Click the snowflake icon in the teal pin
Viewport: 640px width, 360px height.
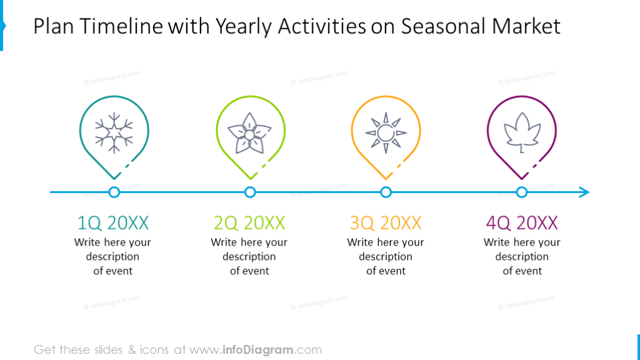point(114,133)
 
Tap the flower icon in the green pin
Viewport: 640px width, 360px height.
point(250,133)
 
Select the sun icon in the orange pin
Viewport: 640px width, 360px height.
point(386,133)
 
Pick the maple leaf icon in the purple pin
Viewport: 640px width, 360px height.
point(521,133)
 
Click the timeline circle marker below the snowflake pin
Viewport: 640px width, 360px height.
point(114,192)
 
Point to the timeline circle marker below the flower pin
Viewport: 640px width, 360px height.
point(250,192)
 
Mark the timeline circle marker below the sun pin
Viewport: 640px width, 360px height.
point(386,192)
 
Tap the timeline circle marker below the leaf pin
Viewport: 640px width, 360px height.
point(521,192)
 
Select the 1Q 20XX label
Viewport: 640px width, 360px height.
point(113,222)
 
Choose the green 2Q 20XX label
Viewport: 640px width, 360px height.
point(249,222)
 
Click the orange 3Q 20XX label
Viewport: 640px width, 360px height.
point(386,222)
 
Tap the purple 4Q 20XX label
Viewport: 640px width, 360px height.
point(522,222)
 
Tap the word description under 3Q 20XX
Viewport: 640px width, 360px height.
point(386,257)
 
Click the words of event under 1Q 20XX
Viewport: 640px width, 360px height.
point(113,271)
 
